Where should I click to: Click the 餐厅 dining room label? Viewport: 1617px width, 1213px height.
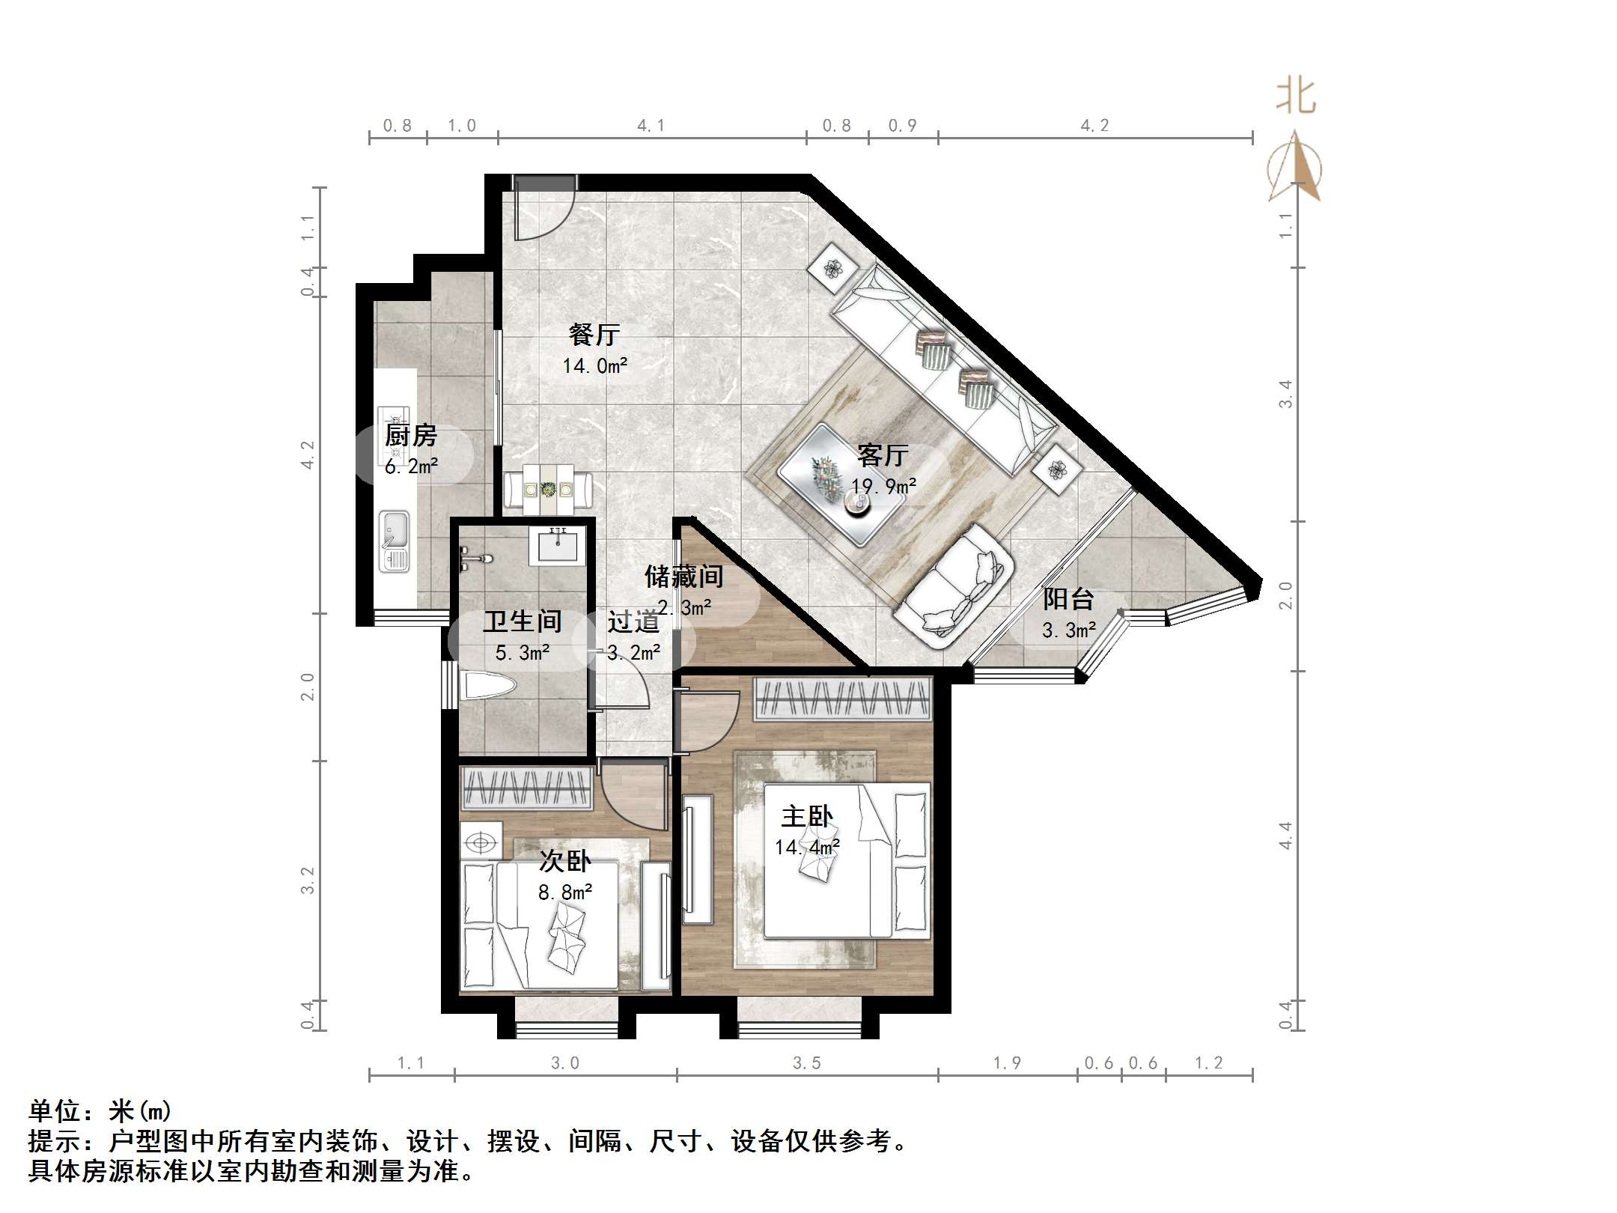point(594,335)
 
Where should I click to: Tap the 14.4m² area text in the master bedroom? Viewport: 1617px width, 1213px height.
point(806,848)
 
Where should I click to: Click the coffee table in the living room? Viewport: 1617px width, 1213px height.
point(840,484)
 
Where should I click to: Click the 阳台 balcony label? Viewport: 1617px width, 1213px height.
point(1068,599)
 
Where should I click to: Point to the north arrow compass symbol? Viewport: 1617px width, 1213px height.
point(1295,168)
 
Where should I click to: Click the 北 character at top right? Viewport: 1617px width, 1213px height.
point(1296,97)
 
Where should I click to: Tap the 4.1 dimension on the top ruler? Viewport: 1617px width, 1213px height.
point(651,125)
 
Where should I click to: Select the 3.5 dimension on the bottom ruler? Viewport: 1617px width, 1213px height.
point(806,1062)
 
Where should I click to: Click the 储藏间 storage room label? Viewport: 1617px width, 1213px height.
point(683,576)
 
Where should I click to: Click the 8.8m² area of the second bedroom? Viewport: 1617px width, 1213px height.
point(565,893)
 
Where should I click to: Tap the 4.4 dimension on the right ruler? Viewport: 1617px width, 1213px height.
point(1285,835)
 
